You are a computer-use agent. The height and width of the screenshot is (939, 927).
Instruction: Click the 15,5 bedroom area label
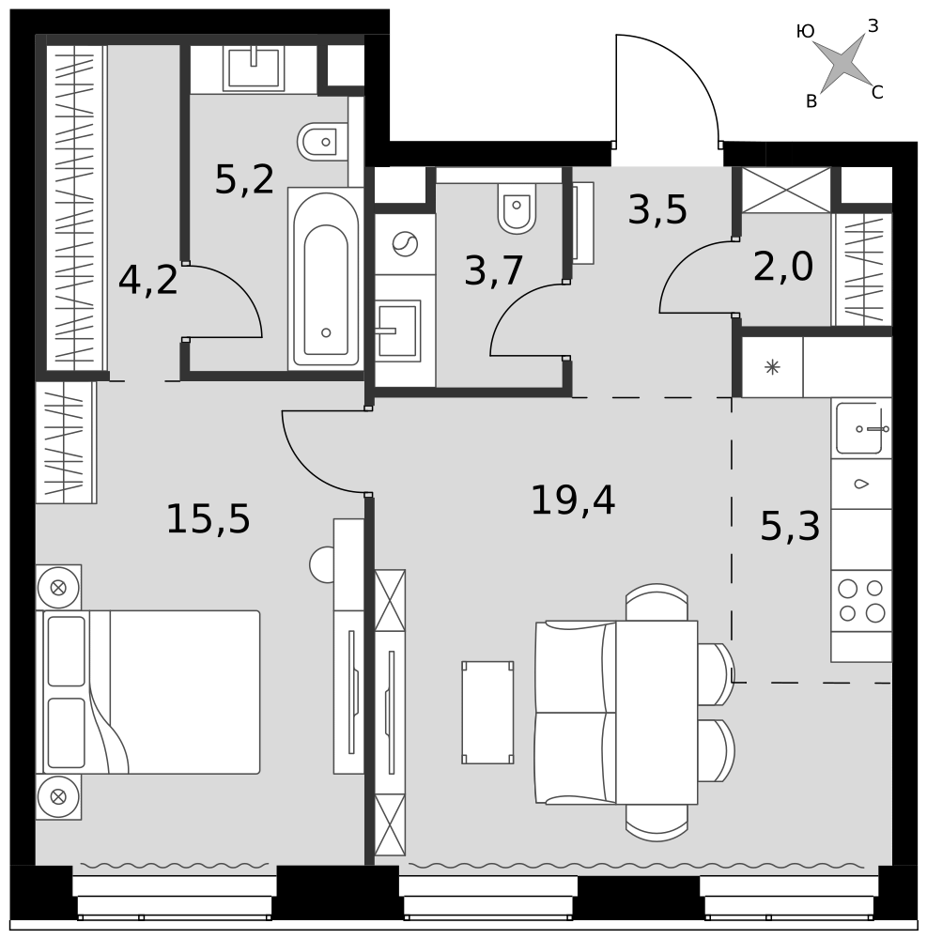[208, 518]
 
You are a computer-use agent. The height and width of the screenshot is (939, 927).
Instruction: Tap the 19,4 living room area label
[573, 500]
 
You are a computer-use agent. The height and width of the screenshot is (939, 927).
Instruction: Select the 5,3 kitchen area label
[790, 527]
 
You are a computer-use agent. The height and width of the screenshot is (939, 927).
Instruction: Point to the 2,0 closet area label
[783, 267]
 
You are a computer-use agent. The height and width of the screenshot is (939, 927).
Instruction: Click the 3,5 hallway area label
[657, 209]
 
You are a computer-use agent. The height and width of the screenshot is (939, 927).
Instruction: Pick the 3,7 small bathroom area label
[494, 270]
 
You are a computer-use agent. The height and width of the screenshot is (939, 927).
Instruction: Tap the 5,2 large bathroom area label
[244, 179]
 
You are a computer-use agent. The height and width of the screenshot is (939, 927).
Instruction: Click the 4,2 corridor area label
[147, 280]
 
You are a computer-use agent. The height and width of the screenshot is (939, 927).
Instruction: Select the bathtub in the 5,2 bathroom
[326, 279]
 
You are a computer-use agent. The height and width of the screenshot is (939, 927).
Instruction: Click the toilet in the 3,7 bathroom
[517, 208]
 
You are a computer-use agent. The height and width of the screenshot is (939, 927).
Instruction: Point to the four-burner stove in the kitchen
[861, 601]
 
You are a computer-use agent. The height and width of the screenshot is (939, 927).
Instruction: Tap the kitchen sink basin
[859, 428]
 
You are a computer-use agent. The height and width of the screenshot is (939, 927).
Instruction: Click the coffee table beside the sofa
[487, 712]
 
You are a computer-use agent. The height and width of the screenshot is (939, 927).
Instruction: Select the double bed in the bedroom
[147, 692]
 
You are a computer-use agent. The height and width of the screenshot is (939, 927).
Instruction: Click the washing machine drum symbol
[405, 244]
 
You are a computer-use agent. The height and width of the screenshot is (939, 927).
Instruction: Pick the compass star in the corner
[843, 62]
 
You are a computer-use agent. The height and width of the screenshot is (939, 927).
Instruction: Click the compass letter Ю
[806, 31]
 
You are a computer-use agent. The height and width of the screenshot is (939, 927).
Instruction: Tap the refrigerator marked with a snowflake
[772, 367]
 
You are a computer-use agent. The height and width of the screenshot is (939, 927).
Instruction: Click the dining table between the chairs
[657, 712]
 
